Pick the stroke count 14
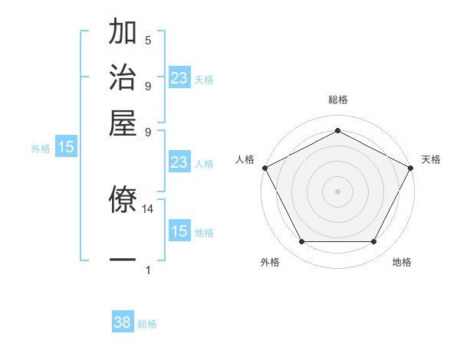(x=148, y=208)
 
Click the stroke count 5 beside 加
(x=148, y=41)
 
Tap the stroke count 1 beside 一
(x=148, y=270)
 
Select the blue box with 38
(x=123, y=322)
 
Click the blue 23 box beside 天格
(x=179, y=78)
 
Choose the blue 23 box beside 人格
(x=179, y=162)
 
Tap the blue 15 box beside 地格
(x=179, y=231)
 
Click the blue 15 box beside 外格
(x=66, y=147)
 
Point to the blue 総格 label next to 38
(x=147, y=324)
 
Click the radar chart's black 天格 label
(x=431, y=159)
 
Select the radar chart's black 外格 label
(x=270, y=263)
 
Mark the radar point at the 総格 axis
(x=337, y=130)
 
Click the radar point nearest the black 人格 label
(x=264, y=168)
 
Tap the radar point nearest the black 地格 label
(x=374, y=242)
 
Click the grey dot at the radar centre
(x=337, y=191)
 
